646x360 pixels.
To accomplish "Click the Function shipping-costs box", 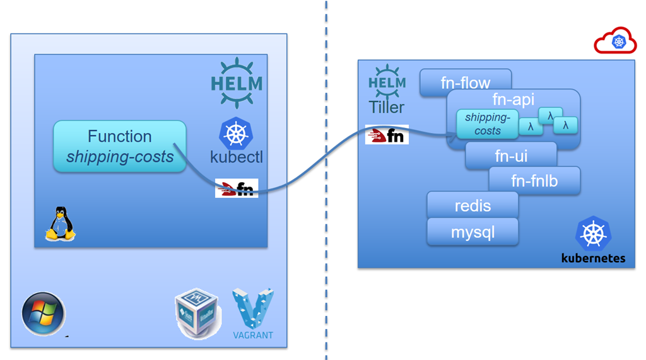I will coord(119,146).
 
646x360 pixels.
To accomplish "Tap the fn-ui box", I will coord(510,155).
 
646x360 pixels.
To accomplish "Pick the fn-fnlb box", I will coord(534,181).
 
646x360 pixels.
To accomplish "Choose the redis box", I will coord(473,205).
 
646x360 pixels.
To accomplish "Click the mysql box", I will coord(473,232).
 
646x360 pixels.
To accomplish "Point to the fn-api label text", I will coord(513,100).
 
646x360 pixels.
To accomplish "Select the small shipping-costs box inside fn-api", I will coord(487,124).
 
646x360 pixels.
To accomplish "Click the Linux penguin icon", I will coord(60,224).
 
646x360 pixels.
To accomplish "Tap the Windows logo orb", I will coord(43,313).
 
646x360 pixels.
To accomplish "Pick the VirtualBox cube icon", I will coord(196,313).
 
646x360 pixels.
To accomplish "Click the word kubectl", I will coord(237,157).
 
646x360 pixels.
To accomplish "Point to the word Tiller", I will coord(387,108).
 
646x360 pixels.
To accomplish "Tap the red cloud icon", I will coord(615,41).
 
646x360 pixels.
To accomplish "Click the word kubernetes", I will coord(593,258).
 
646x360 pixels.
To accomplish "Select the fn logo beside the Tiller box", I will coord(387,135).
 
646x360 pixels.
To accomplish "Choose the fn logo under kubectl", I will coord(237,188).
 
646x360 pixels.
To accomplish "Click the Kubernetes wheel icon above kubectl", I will coord(236,133).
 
